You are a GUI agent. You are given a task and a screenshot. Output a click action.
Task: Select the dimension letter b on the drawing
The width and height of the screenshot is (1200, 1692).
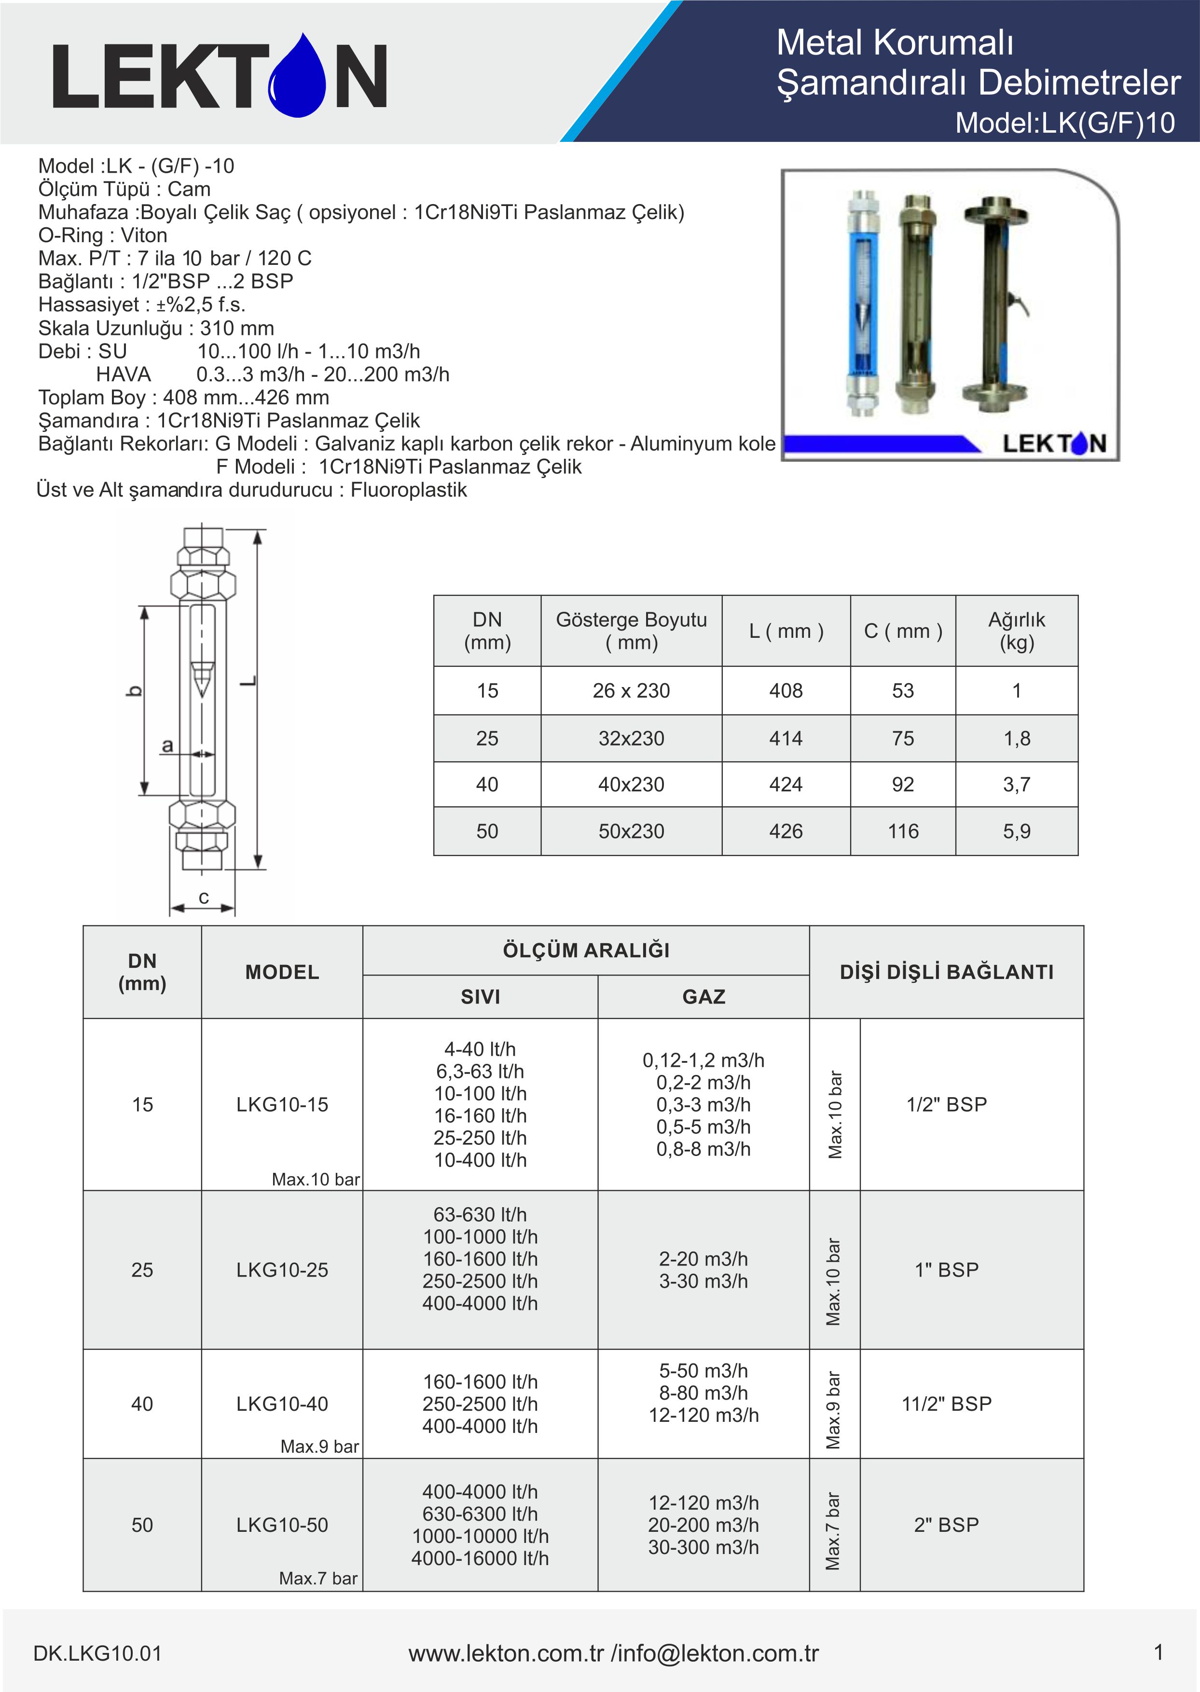(134, 691)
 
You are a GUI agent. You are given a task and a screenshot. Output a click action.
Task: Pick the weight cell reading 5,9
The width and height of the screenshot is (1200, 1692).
(1016, 831)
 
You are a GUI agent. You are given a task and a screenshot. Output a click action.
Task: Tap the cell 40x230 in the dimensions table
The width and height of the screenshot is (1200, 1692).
(631, 784)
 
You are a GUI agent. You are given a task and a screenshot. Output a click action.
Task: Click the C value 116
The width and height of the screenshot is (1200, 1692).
(902, 831)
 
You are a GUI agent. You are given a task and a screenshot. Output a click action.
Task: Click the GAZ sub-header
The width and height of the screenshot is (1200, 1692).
(703, 997)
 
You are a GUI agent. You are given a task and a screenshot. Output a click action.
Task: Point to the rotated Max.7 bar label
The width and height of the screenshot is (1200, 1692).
(833, 1531)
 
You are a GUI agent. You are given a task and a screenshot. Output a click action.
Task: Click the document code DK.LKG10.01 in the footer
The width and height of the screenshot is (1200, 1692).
(97, 1653)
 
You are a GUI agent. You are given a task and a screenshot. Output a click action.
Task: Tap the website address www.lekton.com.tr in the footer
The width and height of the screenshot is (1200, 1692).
(506, 1653)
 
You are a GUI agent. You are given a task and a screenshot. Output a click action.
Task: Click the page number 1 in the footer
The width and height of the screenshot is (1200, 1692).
(1158, 1651)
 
